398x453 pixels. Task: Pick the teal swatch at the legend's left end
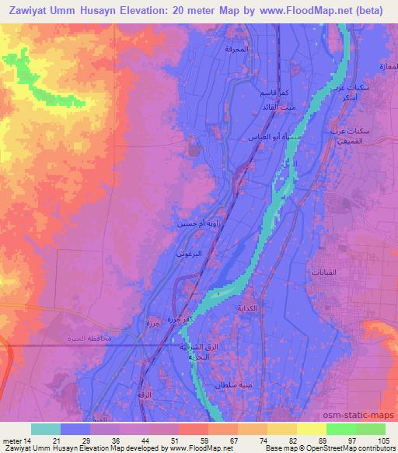coord(45,429)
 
